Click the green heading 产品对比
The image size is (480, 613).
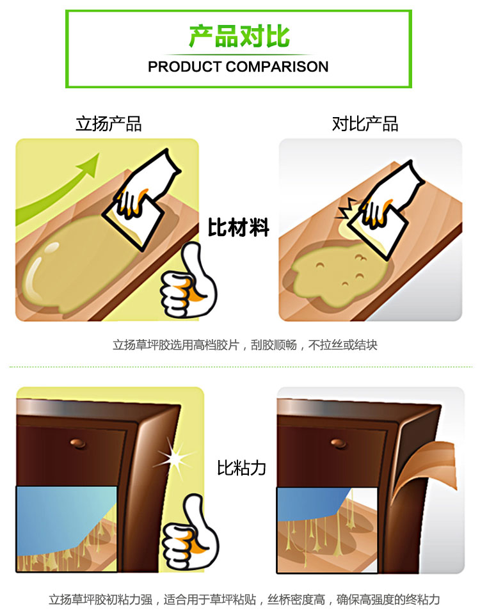coord(239,36)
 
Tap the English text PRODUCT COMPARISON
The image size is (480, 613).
coord(238,67)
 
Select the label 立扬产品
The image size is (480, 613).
coord(109,124)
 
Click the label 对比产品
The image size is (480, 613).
coord(365,124)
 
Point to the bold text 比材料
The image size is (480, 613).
coord(239,227)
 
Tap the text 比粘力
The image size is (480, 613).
coord(241,468)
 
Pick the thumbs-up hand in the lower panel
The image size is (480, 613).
coord(190,532)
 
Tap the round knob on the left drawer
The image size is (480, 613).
coord(78,443)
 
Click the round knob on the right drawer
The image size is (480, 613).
coord(339,443)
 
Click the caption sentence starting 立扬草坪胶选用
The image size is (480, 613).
coord(245,345)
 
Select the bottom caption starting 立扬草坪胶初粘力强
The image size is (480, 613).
coord(244,600)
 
